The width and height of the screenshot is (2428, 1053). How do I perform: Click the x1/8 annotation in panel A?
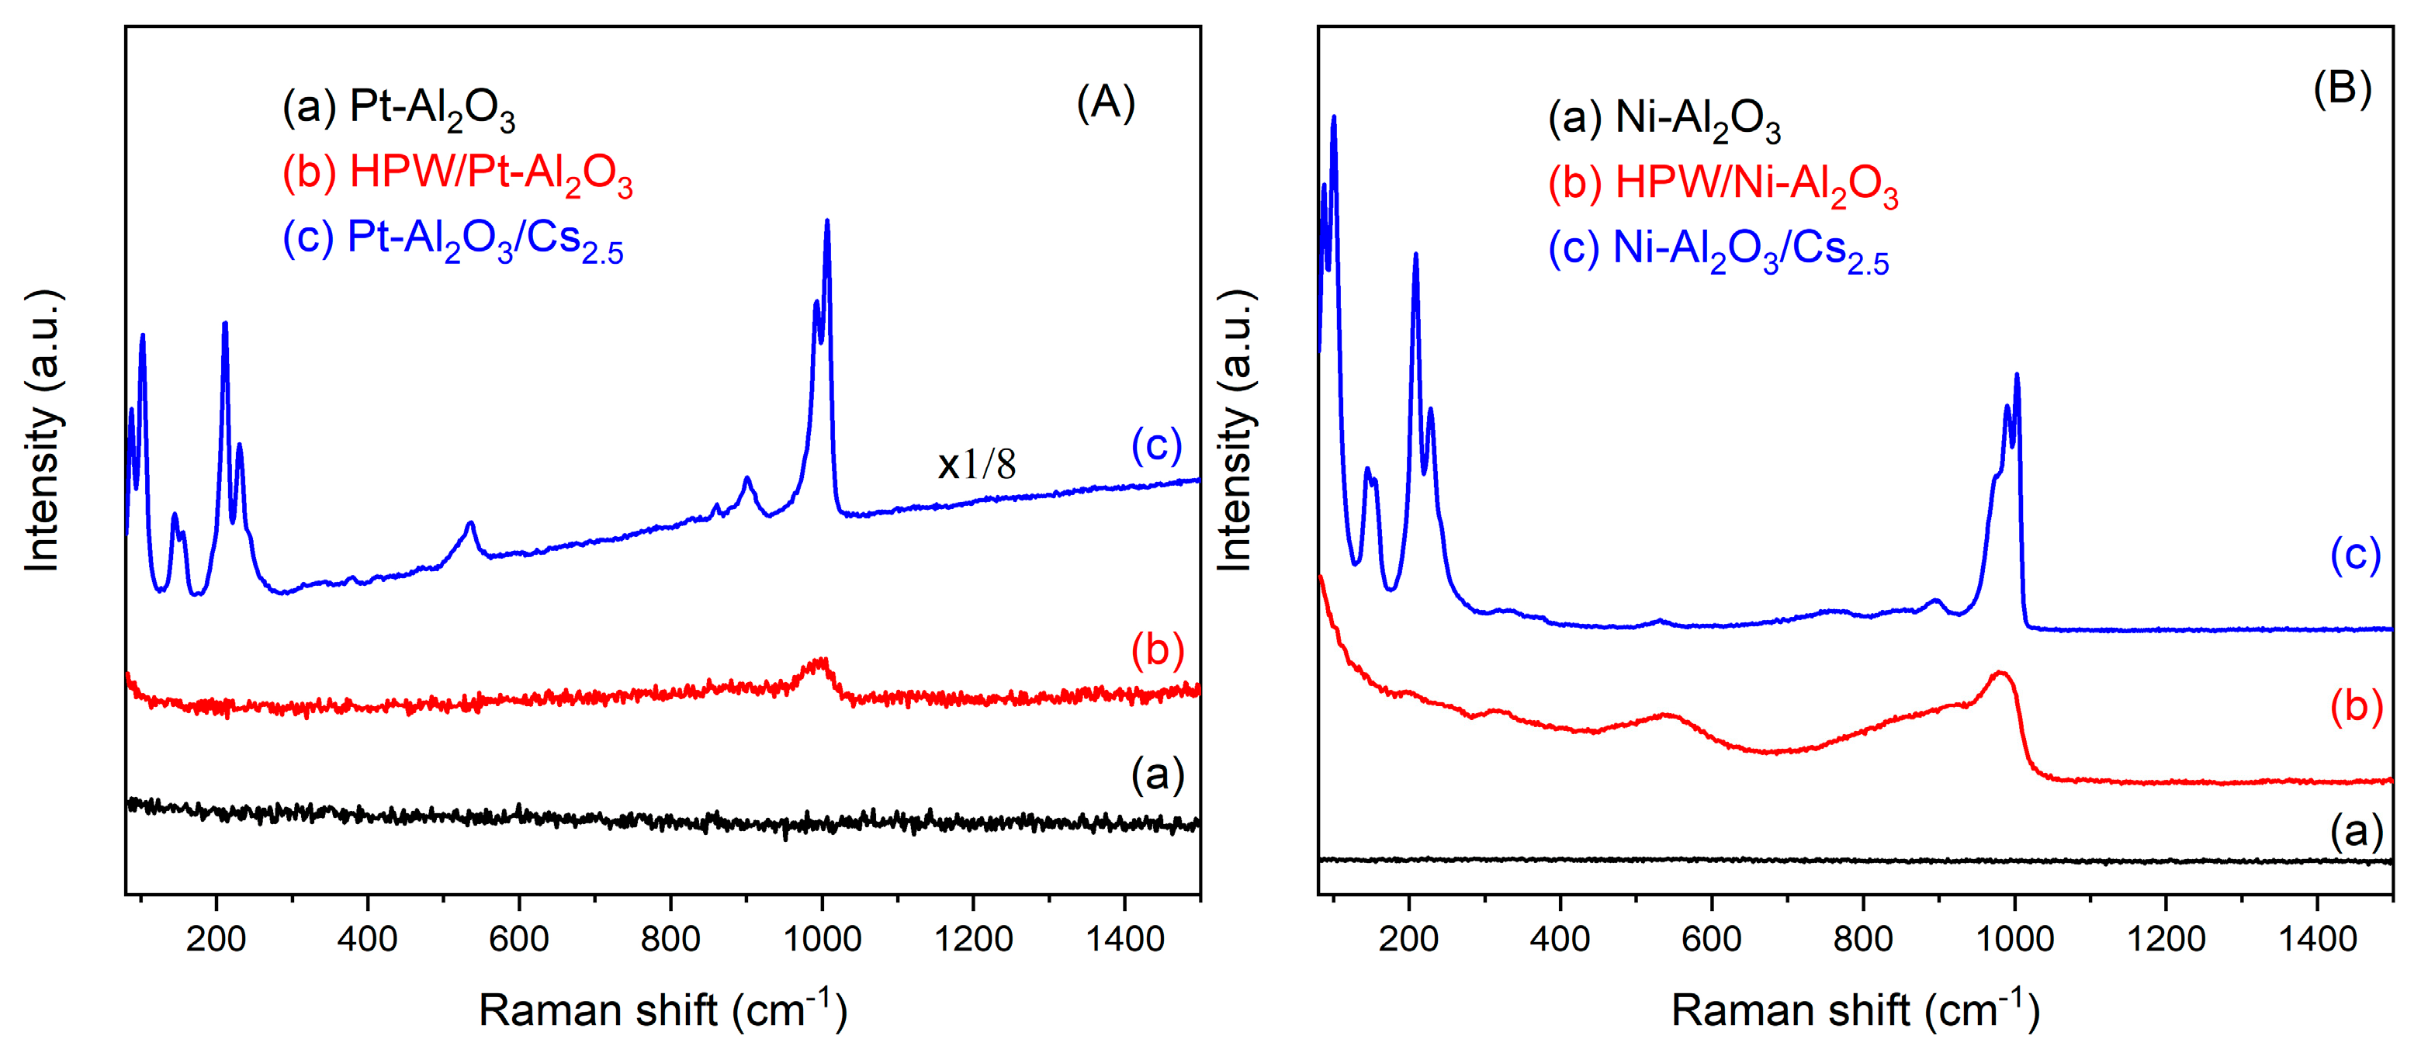[x=976, y=465]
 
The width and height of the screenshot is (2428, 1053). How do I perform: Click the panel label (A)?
[x=1106, y=102]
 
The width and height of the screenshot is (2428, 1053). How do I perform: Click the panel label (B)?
[x=2341, y=88]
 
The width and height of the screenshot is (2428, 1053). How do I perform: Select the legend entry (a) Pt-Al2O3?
[x=399, y=109]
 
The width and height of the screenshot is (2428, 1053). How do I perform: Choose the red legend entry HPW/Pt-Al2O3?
[x=457, y=175]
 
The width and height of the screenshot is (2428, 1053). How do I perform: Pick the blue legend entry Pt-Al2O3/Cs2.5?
[x=452, y=241]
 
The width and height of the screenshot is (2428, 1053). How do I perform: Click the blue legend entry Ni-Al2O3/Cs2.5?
[x=1717, y=251]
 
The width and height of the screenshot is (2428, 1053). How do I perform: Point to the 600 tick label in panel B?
[x=1712, y=939]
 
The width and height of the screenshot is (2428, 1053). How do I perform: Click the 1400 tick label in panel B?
[x=2317, y=939]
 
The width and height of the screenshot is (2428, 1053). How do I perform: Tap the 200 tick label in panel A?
[x=216, y=939]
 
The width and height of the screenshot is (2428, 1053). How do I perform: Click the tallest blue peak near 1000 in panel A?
[x=826, y=223]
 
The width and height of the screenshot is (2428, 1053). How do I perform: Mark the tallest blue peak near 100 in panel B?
[x=1334, y=119]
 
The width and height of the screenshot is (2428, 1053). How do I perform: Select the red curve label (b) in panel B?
[x=2357, y=707]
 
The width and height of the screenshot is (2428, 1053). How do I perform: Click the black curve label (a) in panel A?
[x=1158, y=775]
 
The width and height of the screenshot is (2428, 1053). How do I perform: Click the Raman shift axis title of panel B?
[x=1855, y=1010]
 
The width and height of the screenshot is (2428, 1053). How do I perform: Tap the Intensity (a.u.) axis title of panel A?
[x=43, y=430]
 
